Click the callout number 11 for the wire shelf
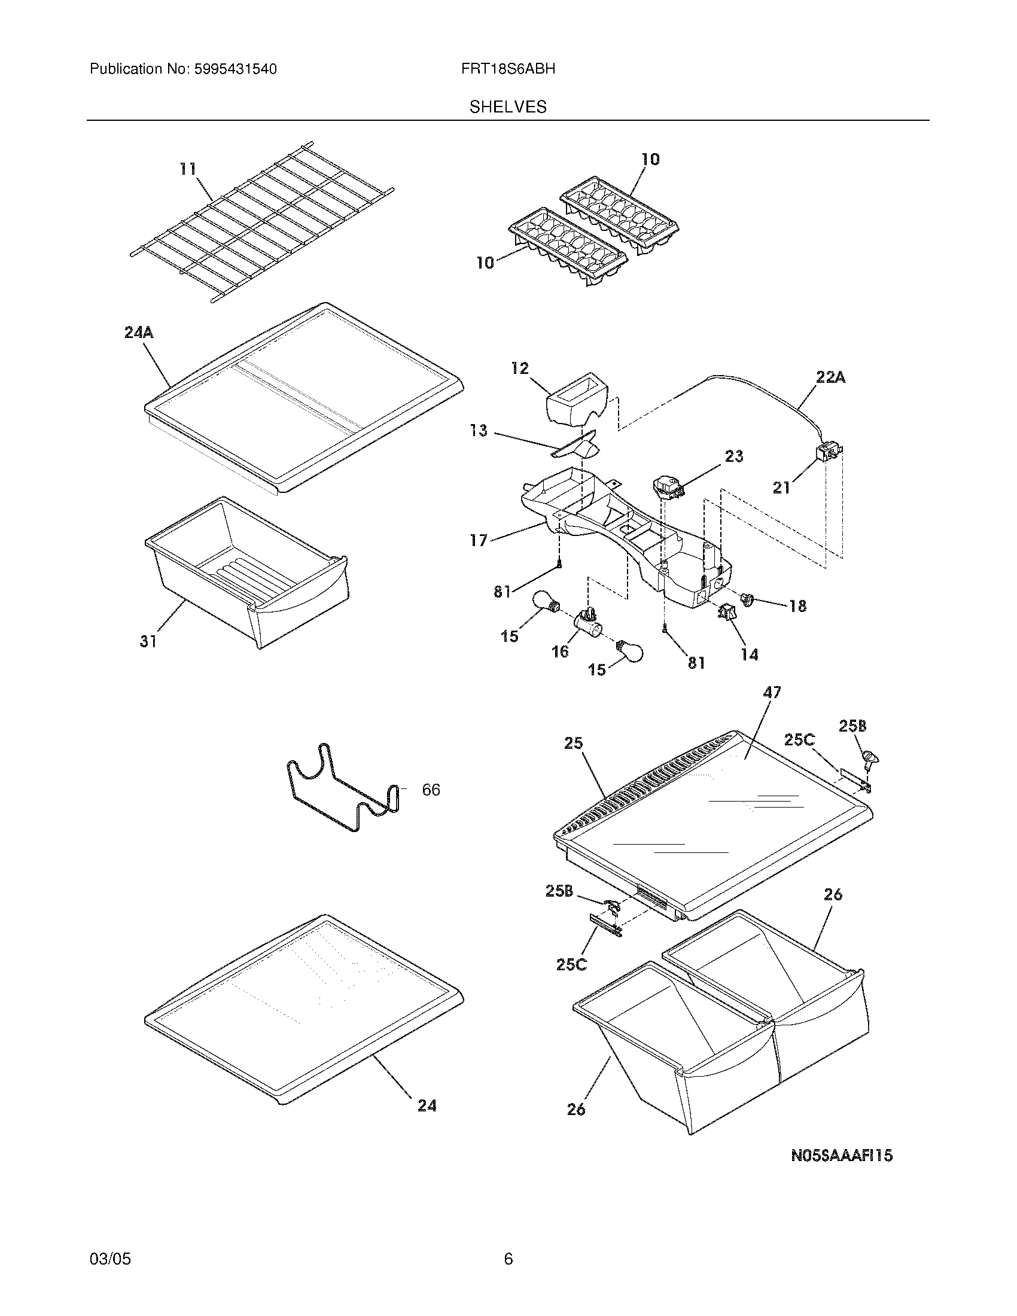point(188,169)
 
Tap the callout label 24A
point(139,332)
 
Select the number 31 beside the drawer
point(148,642)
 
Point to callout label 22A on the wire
point(830,378)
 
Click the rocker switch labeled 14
point(726,613)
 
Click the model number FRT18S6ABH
point(508,69)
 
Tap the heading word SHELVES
point(508,106)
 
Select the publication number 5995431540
point(235,69)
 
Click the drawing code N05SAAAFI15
point(841,1156)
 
